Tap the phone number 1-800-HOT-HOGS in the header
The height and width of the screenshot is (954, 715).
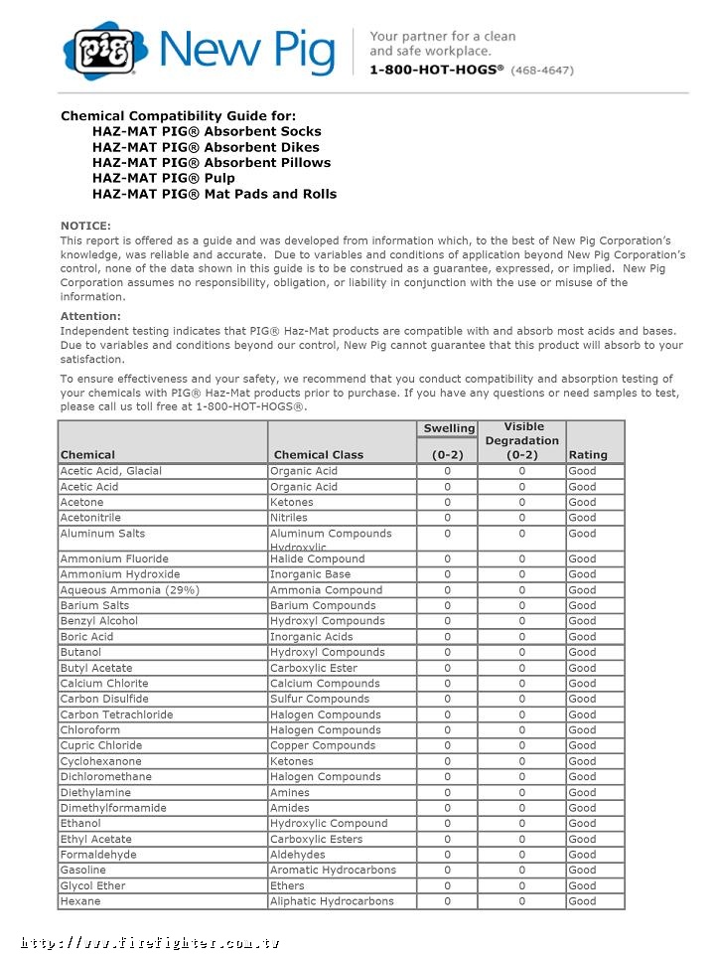point(436,70)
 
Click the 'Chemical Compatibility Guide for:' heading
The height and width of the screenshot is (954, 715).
point(178,115)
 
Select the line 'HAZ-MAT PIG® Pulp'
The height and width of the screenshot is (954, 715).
point(164,178)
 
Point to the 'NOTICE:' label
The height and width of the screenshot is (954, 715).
point(85,226)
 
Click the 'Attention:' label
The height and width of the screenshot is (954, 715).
point(90,316)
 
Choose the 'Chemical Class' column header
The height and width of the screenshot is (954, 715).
point(319,454)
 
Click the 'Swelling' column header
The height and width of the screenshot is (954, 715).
point(449,428)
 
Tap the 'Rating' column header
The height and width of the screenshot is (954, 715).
point(588,454)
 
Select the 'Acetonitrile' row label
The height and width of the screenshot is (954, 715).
point(90,518)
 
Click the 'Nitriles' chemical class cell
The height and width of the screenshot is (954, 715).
point(289,518)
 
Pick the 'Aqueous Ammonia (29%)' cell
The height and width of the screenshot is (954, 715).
point(129,590)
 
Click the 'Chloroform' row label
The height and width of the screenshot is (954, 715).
point(90,730)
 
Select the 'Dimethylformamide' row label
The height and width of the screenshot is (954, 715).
point(113,808)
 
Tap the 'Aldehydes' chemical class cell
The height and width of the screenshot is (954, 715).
point(297,855)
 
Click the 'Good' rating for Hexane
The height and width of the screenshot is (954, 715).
point(583,901)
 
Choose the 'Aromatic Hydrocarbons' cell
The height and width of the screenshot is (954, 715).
point(333,870)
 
